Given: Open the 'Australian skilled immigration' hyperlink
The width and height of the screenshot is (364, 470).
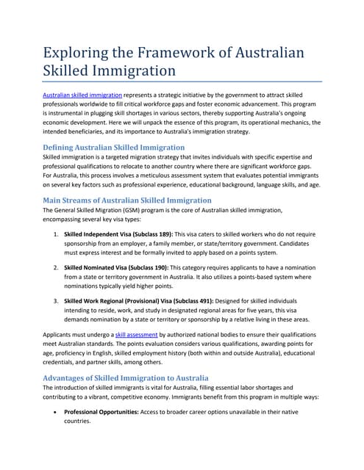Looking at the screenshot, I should tap(82, 95).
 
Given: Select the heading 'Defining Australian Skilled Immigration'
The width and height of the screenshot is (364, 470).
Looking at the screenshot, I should tap(114, 147).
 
